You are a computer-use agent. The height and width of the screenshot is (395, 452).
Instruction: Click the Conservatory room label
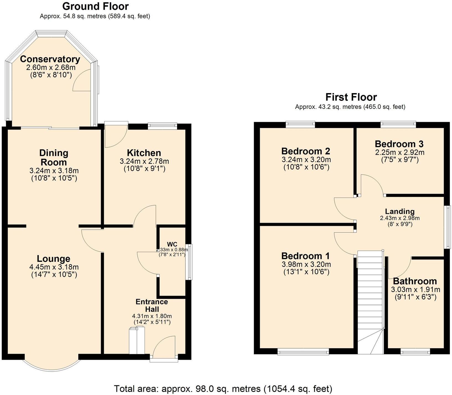click(50, 59)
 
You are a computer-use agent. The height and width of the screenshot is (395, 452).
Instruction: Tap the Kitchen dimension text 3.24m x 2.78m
click(144, 161)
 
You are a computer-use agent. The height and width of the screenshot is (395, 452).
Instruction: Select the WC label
click(172, 244)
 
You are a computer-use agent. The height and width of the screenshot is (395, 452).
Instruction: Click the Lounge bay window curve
click(52, 361)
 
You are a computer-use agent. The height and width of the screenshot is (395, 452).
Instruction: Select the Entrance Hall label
click(151, 305)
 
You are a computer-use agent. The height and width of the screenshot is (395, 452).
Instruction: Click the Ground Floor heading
click(95, 6)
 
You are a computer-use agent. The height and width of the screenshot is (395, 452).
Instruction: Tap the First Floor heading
click(351, 97)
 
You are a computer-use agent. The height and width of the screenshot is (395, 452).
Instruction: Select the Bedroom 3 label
click(399, 144)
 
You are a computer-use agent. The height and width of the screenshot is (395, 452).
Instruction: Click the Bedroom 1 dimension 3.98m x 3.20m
click(306, 264)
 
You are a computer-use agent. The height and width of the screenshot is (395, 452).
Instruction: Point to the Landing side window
click(447, 227)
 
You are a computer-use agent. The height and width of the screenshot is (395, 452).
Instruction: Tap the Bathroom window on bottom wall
click(415, 352)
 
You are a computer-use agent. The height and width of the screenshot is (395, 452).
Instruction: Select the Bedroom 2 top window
click(301, 124)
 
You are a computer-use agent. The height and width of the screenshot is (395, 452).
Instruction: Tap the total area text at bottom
click(223, 389)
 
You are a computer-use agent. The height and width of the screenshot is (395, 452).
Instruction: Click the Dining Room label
click(53, 157)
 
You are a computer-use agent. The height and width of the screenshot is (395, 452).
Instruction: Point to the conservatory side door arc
click(82, 80)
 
